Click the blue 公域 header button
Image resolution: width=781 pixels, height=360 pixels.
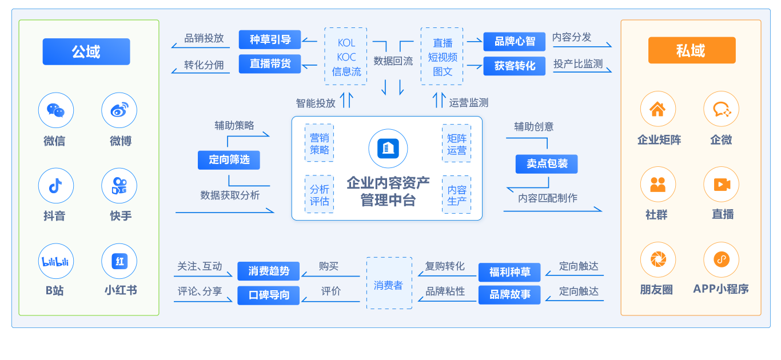[x=86, y=52]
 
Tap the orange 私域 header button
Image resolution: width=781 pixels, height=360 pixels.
[x=691, y=51]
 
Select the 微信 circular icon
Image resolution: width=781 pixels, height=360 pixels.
[x=55, y=110]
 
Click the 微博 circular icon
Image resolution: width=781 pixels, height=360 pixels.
[x=119, y=110]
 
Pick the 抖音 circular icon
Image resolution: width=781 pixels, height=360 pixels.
[x=55, y=186]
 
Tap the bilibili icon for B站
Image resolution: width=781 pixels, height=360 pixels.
[x=55, y=261]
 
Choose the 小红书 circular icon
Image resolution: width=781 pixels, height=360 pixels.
[x=119, y=261]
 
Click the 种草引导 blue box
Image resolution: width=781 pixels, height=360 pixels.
[x=270, y=40]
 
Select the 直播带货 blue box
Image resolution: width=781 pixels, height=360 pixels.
[x=270, y=64]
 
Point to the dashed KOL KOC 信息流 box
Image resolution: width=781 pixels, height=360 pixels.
[x=346, y=57]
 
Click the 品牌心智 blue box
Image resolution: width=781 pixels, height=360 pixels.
[x=515, y=42]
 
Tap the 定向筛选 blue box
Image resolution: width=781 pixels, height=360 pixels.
[x=229, y=160]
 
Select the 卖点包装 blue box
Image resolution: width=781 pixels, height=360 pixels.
[x=547, y=164]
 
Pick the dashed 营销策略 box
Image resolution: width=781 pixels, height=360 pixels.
[x=319, y=143]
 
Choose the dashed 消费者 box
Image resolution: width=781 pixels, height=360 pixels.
[x=389, y=283]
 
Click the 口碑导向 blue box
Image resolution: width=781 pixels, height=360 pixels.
[x=269, y=295]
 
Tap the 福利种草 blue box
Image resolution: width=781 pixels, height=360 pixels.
[x=509, y=272]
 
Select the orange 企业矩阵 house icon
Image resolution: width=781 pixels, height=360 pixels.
[x=658, y=109]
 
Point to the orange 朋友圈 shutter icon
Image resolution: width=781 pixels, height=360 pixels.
[x=658, y=259]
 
